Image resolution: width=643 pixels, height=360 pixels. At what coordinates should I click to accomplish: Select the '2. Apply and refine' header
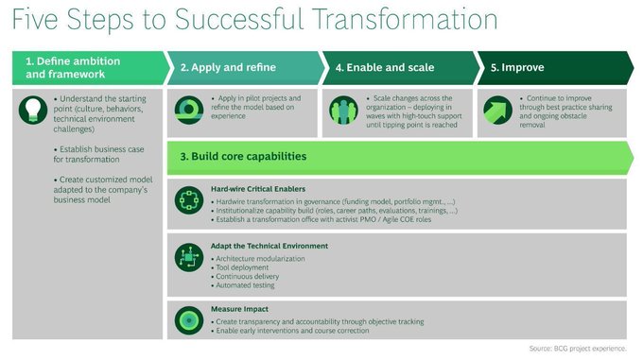221,68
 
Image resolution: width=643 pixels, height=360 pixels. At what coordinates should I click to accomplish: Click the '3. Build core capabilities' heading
245,155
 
